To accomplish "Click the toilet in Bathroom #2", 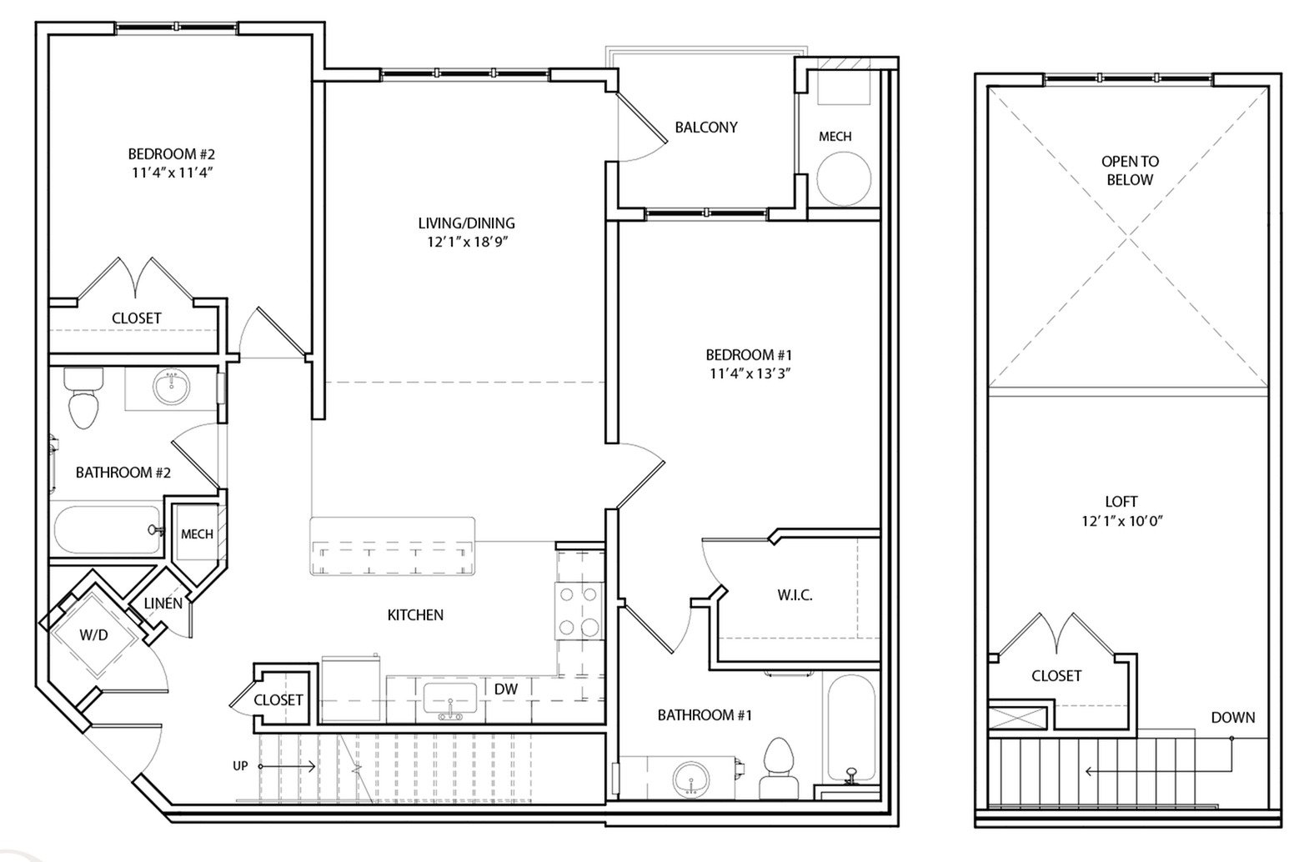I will [x=83, y=399].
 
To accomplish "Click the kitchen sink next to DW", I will [x=449, y=697].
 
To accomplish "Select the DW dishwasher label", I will [x=506, y=689].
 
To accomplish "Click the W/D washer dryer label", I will [x=93, y=635].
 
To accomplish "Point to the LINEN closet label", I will [x=163, y=603].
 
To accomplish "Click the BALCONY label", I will [x=706, y=128].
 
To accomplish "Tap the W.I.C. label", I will [x=795, y=595].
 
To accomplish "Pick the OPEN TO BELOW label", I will [x=1130, y=170].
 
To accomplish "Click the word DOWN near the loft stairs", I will [x=1232, y=717].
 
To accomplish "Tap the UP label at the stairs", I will [x=240, y=766].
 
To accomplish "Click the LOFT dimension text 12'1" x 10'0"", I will [x=1121, y=521].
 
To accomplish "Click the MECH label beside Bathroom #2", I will [x=197, y=534].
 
